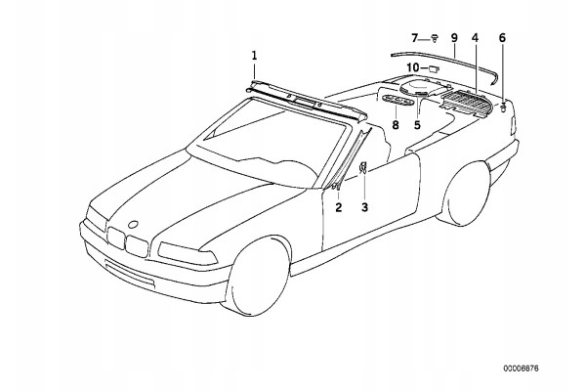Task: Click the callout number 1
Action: [254, 56]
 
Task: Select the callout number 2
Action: [339, 207]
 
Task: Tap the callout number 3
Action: [364, 207]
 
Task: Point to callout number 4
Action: [475, 38]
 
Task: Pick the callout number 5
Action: [417, 125]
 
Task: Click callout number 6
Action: [502, 38]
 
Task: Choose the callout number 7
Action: [414, 38]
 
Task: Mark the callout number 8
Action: [396, 125]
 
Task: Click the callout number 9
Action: [454, 38]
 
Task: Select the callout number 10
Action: [413, 67]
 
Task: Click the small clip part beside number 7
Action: [435, 38]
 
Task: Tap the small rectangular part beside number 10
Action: [434, 68]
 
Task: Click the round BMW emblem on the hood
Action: [133, 225]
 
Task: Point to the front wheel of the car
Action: [257, 276]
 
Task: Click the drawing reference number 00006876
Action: [521, 369]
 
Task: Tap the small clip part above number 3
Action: [363, 167]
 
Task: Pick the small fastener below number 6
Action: [503, 108]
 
